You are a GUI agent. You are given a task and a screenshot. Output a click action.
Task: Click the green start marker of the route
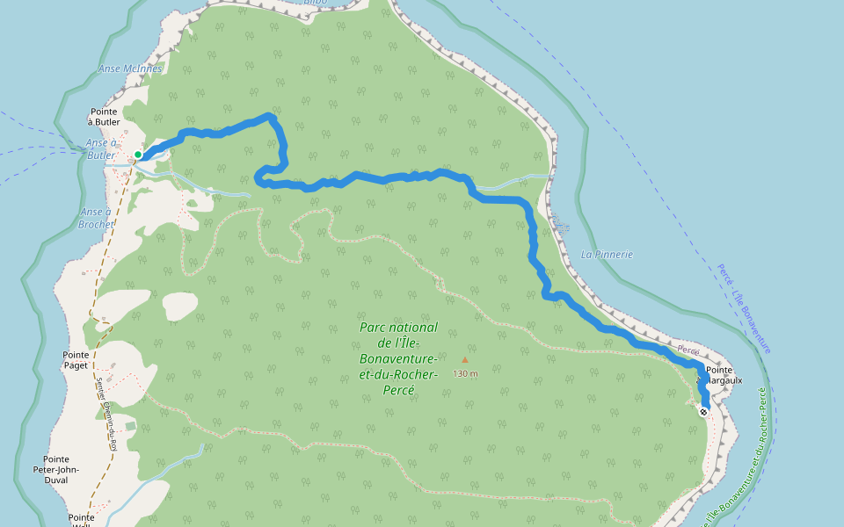138,155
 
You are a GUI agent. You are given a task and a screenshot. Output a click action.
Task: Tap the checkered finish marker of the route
704,410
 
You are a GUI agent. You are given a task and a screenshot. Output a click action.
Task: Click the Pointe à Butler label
105,117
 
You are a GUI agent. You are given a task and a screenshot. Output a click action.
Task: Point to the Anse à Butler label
101,148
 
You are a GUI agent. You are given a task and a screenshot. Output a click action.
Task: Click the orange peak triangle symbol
465,359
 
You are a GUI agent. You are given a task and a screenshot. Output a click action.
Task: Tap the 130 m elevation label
466,373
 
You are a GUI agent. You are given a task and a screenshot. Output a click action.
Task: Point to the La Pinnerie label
607,255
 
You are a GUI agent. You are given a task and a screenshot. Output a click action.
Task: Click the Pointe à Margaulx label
717,376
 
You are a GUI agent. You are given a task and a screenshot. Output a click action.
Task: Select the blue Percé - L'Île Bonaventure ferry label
744,307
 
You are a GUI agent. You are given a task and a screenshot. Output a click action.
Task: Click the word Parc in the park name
375,328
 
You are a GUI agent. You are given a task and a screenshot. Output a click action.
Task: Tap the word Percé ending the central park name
398,390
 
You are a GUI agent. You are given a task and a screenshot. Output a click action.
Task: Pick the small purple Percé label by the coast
688,350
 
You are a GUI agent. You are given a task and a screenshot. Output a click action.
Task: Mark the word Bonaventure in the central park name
398,359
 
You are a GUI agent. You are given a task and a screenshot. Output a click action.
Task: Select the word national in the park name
416,328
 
